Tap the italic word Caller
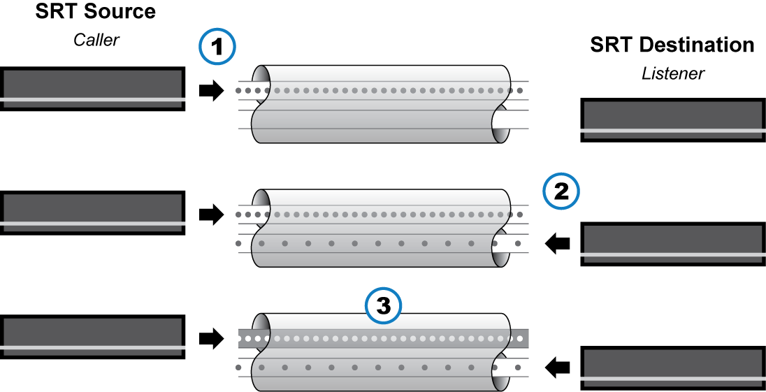[96, 40]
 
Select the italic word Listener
[672, 73]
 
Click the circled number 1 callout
[217, 48]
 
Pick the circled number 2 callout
[561, 191]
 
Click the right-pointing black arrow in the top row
[211, 90]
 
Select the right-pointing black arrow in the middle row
[211, 215]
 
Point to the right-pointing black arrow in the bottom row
[211, 339]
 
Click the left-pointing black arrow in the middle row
[557, 243]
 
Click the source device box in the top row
[93, 89]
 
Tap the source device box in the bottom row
[93, 337]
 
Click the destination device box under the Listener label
[672, 120]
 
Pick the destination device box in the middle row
[672, 244]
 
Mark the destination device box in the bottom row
[672, 368]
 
